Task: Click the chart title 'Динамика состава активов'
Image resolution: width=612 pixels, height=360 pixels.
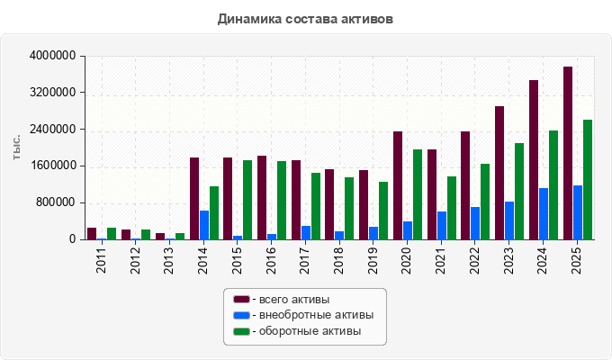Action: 305,19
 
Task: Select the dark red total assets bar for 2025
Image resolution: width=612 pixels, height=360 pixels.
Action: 568,153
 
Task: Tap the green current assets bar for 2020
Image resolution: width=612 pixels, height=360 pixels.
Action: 418,194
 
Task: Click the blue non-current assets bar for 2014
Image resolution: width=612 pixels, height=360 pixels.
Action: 204,225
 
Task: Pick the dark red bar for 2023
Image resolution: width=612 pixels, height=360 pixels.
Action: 499,173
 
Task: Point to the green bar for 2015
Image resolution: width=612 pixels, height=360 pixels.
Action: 247,200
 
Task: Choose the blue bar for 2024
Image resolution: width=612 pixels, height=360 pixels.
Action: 544,214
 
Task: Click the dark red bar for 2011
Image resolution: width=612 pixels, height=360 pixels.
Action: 92,234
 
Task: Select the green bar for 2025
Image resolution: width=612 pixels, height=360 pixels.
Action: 588,180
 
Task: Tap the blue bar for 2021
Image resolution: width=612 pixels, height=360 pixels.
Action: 442,226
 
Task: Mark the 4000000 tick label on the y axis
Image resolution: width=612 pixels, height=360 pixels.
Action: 53,56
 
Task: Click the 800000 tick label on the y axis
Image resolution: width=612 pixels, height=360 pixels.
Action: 56,202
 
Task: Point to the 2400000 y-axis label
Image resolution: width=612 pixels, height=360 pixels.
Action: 53,130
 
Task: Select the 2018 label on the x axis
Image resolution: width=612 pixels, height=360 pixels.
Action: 338,260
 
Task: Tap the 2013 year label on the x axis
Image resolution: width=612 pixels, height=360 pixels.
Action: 168,260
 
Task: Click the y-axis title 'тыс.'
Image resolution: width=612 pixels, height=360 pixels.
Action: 16,148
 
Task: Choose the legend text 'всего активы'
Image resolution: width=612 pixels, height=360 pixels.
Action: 294,300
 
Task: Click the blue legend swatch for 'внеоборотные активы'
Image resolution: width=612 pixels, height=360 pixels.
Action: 241,315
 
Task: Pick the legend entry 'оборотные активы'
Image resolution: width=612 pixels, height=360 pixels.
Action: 297,331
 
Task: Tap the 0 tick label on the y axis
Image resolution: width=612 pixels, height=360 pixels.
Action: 73,239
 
